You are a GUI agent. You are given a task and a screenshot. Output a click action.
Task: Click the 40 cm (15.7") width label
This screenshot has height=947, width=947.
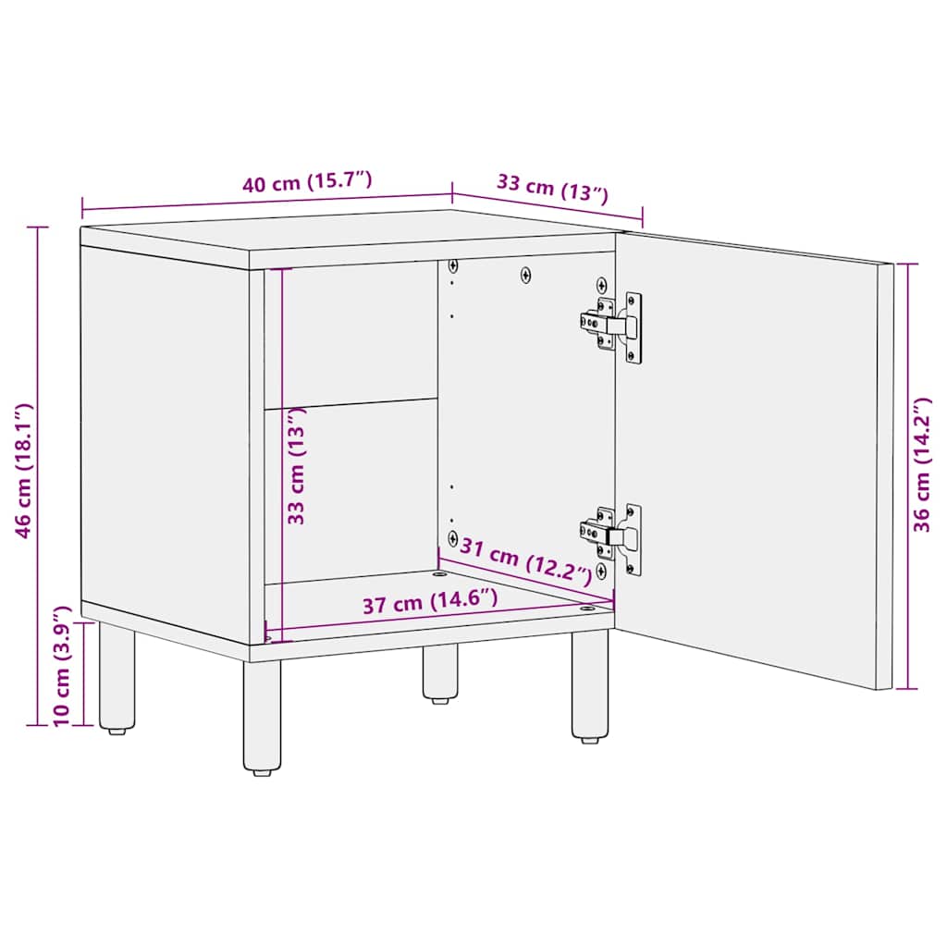click(307, 182)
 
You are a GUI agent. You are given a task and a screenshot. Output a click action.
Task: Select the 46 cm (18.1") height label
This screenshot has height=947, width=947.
click(25, 470)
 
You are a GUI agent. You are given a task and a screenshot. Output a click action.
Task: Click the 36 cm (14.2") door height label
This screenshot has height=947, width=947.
click(922, 465)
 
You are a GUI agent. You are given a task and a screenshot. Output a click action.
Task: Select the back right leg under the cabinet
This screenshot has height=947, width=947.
click(440, 672)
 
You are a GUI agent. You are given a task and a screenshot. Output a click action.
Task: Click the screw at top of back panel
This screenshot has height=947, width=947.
click(526, 275)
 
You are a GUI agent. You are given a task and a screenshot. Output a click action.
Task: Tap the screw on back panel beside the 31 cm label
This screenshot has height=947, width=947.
click(452, 537)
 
